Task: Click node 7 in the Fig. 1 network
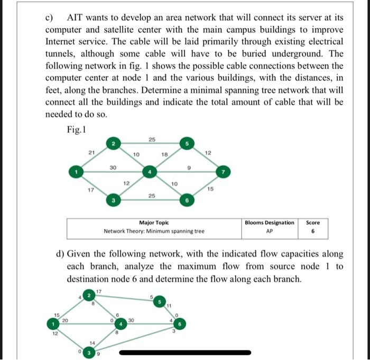[224, 171]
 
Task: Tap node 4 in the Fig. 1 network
[150, 171]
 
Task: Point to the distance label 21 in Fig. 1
[91, 153]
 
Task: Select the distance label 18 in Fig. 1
[164, 154]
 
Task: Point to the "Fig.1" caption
[77, 128]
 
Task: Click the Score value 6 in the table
[312, 231]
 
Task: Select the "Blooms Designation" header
[270, 223]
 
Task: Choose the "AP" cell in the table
[270, 231]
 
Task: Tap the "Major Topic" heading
[154, 223]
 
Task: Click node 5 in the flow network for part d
[159, 302]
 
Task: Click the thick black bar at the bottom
[185, 352]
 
